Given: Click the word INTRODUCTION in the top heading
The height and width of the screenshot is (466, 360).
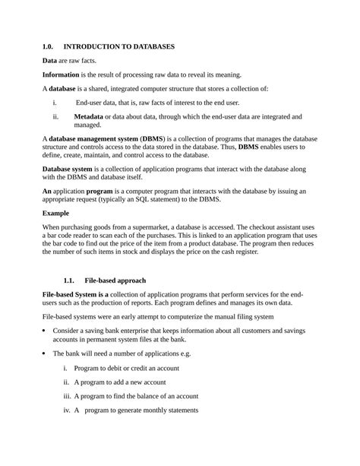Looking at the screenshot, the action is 96,46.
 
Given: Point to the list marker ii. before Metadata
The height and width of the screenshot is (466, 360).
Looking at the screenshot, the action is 56,116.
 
